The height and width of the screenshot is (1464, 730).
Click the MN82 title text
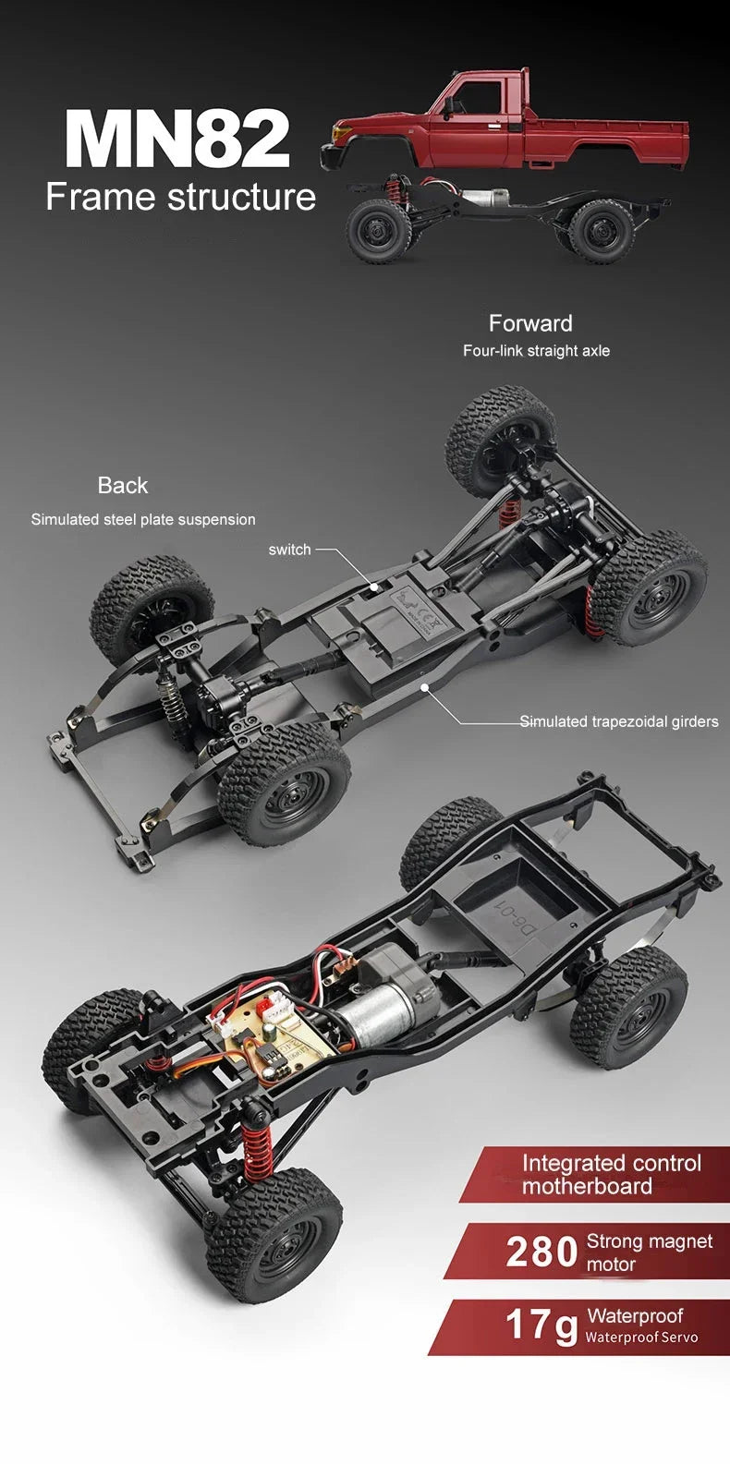(x=177, y=139)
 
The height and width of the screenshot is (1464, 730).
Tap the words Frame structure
(x=180, y=198)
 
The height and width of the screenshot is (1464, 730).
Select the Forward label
(x=530, y=323)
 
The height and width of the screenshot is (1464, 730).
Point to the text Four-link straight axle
(x=536, y=351)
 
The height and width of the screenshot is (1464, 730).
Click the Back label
(x=122, y=485)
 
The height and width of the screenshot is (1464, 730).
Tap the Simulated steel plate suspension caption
(x=143, y=520)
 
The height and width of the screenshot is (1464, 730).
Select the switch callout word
(x=289, y=550)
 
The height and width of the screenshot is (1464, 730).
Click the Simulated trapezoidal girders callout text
(x=618, y=721)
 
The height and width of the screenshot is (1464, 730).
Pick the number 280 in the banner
(x=542, y=1252)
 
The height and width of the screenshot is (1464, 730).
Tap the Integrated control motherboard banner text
(x=610, y=1175)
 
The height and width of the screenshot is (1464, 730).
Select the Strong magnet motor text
(x=649, y=1252)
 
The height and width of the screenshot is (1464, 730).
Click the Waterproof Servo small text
(x=641, y=1337)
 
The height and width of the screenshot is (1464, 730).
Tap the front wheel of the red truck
(x=378, y=231)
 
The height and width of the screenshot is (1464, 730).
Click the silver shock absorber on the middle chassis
(x=172, y=703)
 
